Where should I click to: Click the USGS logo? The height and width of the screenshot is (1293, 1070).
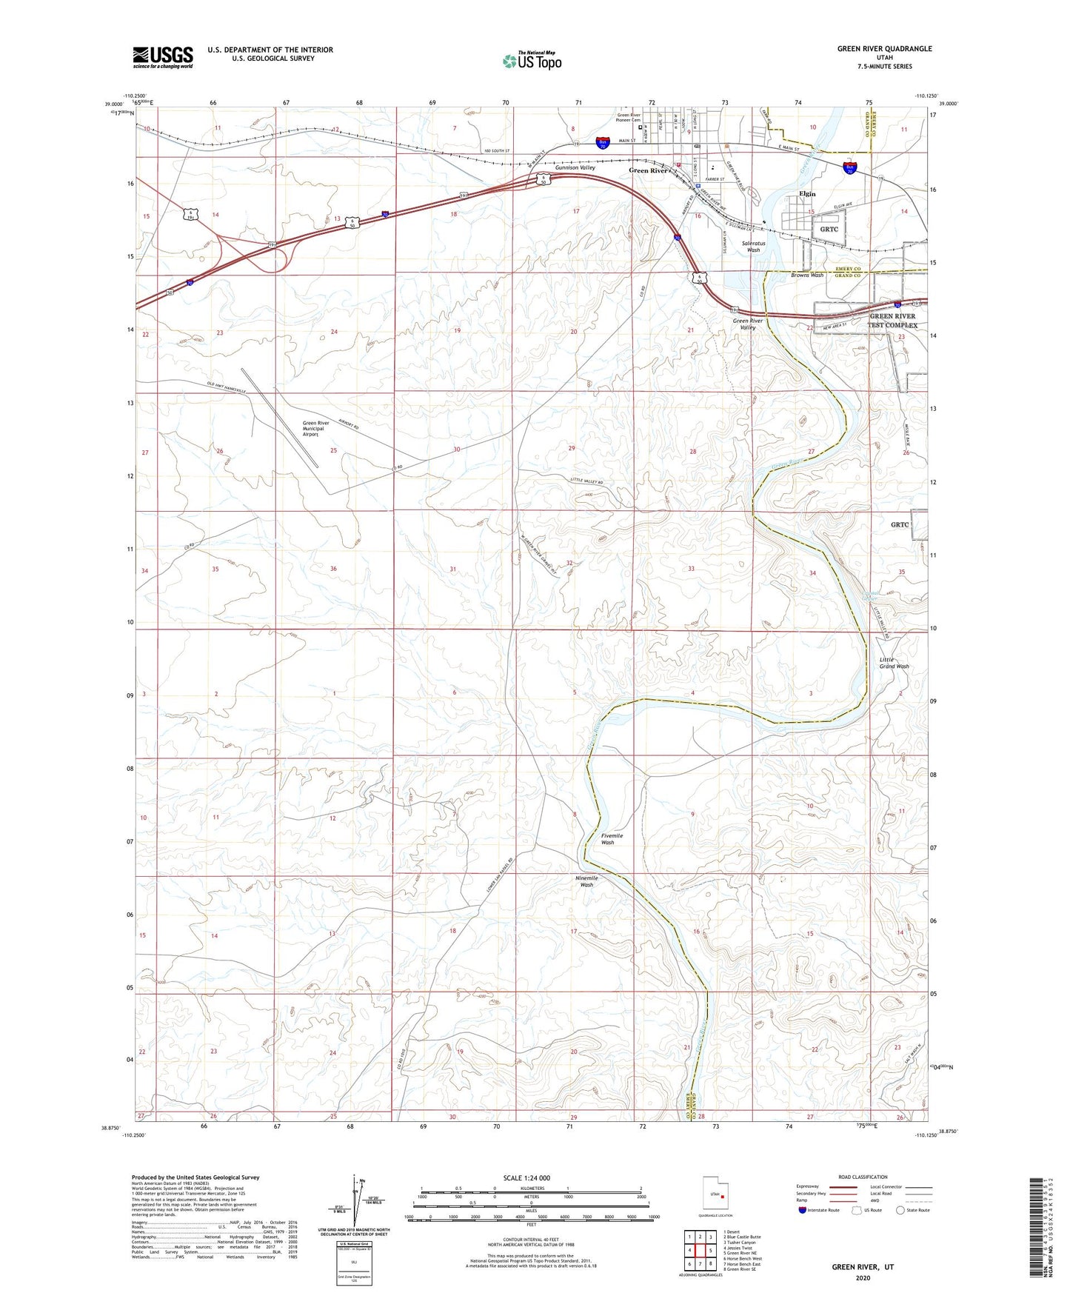(162, 57)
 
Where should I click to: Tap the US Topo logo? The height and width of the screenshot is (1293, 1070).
(531, 61)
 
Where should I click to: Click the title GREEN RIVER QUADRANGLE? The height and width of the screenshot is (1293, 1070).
(884, 49)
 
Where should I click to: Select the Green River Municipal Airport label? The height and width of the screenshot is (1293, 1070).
(321, 429)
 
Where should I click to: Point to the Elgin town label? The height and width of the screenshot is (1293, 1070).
(806, 194)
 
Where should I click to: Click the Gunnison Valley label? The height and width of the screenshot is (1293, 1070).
(576, 168)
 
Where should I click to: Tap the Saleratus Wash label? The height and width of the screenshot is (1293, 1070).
(753, 246)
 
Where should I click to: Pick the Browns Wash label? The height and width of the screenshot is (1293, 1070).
(806, 275)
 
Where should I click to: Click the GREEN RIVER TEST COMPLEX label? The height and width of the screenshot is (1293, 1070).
(892, 321)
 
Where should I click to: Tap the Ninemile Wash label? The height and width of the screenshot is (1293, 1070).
(586, 881)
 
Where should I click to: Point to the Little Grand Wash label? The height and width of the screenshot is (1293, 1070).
(894, 663)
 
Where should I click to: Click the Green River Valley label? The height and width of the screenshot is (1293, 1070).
(747, 324)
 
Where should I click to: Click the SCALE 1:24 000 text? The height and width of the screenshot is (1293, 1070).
(526, 1177)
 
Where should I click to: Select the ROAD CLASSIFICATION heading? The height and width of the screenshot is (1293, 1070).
(863, 1177)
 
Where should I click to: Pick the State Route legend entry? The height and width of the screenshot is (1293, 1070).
(912, 1210)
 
